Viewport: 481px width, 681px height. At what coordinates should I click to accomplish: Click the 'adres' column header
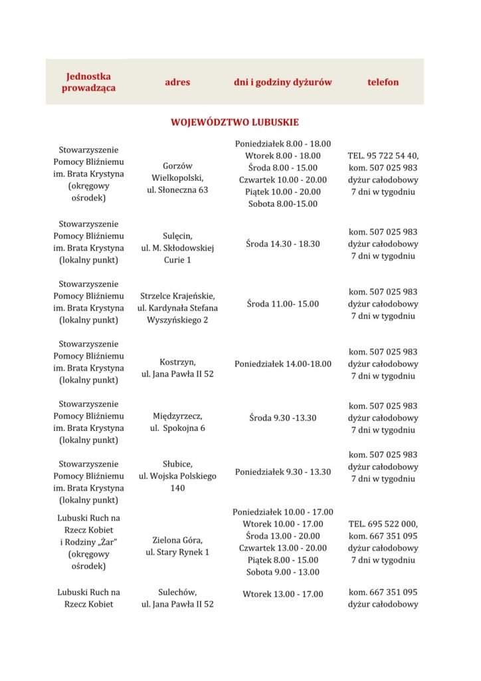click(177, 82)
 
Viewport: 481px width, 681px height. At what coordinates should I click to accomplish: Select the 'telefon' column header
click(383, 82)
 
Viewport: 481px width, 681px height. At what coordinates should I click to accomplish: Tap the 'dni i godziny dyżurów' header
click(283, 82)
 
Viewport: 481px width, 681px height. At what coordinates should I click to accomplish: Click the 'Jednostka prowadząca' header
click(88, 82)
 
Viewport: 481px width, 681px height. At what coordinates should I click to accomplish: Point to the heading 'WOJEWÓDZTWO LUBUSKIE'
click(235, 123)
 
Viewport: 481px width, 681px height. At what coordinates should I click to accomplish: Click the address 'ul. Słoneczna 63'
click(177, 190)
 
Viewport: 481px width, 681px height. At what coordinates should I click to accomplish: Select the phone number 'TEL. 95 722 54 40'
click(383, 156)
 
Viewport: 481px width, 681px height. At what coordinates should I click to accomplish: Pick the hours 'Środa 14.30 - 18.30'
click(283, 244)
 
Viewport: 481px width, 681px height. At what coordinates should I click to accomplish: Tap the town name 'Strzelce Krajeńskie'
click(177, 295)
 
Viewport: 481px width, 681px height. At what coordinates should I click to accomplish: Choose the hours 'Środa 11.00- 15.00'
click(283, 304)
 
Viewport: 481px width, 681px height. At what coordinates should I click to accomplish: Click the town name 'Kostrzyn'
click(177, 362)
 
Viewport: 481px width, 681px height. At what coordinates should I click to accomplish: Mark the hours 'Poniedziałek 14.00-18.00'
click(283, 364)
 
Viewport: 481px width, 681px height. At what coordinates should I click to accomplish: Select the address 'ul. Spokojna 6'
click(177, 428)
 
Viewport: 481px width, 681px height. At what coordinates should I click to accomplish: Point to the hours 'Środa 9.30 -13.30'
click(283, 418)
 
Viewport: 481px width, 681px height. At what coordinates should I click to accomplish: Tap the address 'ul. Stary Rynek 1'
click(177, 552)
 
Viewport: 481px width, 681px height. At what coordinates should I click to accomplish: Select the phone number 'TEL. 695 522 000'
click(383, 524)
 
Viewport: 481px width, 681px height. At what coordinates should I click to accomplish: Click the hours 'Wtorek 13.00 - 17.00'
click(283, 594)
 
